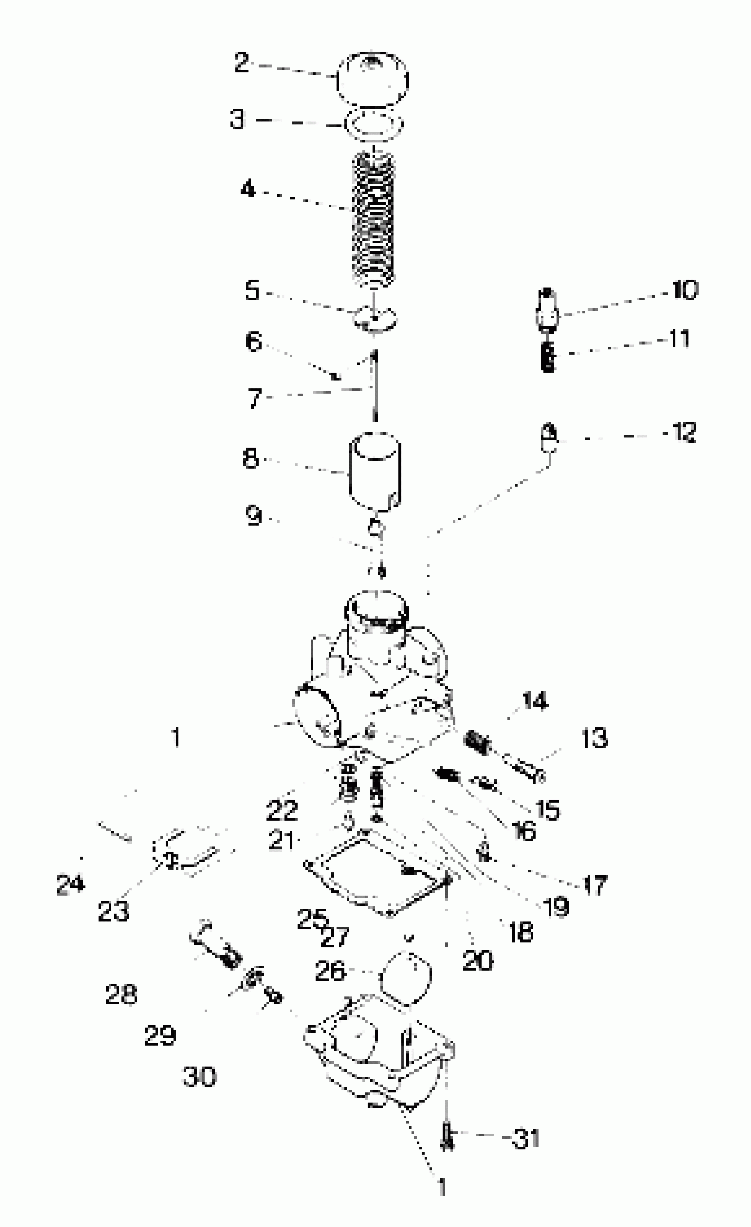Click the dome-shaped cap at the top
(x=372, y=80)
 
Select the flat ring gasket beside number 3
(x=373, y=124)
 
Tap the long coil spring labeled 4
(x=373, y=219)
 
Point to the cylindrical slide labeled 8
(x=375, y=470)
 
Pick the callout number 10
(x=685, y=290)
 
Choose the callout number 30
(x=200, y=1077)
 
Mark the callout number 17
(x=595, y=886)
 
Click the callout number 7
(x=254, y=398)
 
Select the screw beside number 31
(x=447, y=1137)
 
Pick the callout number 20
(x=478, y=961)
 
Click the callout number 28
(x=121, y=995)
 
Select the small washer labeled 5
(x=375, y=319)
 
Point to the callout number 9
(x=254, y=515)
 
